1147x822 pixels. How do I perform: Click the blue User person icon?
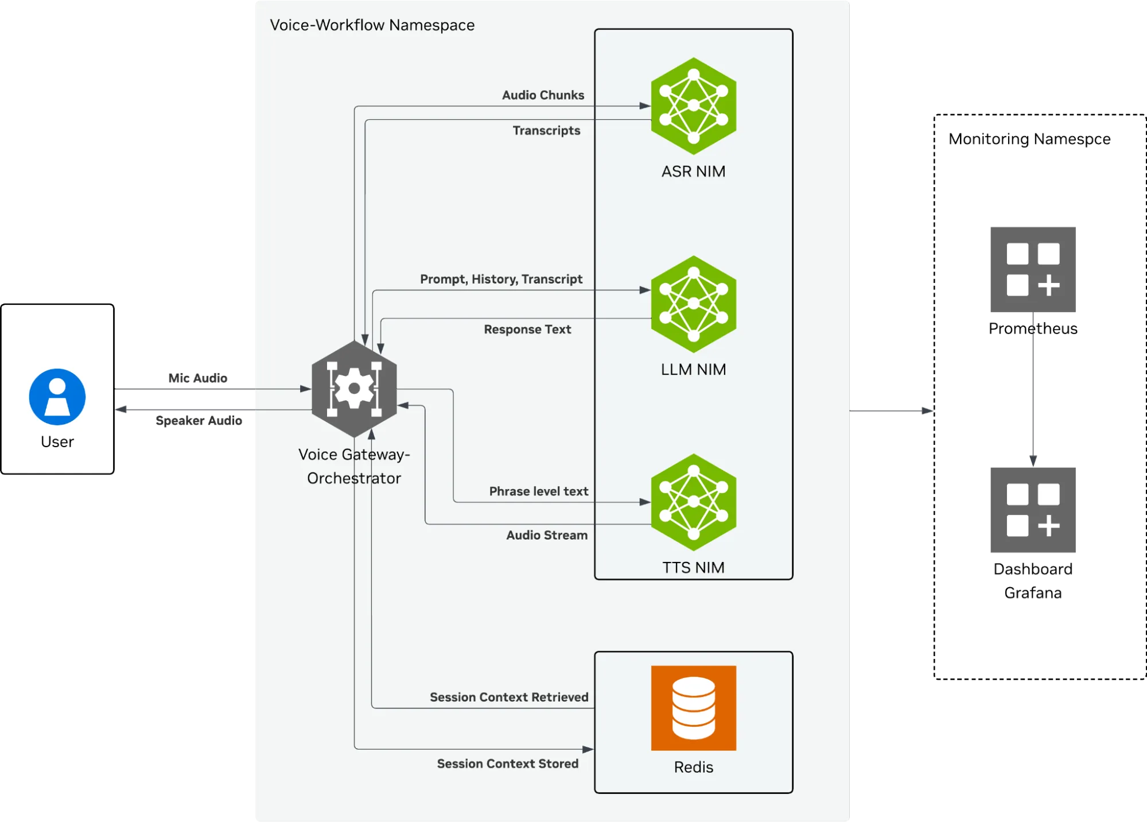point(57,397)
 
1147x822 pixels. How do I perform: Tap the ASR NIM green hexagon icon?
point(693,106)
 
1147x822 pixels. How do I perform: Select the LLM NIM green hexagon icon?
point(693,304)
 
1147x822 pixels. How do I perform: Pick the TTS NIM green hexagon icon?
point(693,502)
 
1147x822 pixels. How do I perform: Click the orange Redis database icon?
point(693,708)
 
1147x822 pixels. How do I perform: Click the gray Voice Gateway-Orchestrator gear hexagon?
point(354,389)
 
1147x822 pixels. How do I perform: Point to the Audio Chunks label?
point(543,95)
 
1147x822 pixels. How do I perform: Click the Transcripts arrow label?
point(546,131)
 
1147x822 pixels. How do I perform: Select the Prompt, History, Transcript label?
point(501,279)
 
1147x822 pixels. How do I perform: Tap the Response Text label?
point(527,329)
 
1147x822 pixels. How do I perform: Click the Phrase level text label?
point(538,491)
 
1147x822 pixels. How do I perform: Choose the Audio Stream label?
point(546,535)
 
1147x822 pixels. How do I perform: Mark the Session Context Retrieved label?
point(509,697)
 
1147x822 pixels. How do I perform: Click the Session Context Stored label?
point(507,763)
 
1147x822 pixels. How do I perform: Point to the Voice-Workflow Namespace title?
point(372,25)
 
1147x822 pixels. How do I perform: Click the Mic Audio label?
point(197,378)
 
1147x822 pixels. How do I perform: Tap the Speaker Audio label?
point(199,421)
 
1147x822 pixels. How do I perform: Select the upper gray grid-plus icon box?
point(1032,269)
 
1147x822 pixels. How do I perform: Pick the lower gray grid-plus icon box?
point(1032,509)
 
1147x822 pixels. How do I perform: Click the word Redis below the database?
point(693,767)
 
